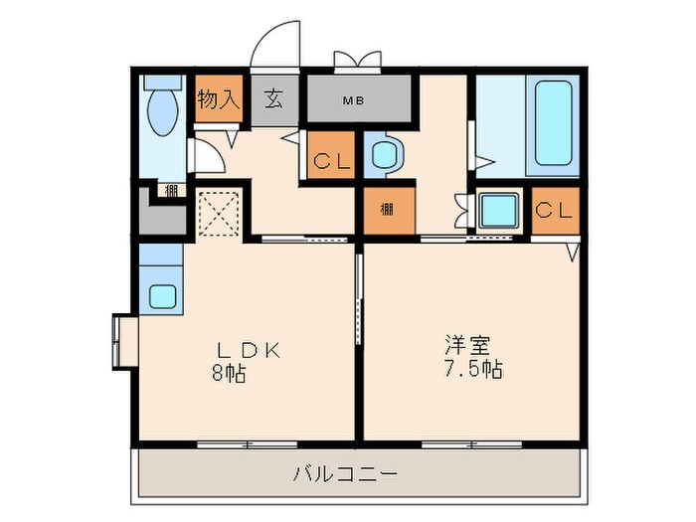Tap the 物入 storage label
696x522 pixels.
[x=219, y=99]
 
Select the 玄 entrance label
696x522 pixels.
[x=272, y=99]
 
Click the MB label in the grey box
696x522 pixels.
[x=353, y=100]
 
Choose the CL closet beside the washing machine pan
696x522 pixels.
[x=554, y=211]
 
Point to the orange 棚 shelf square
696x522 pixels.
[x=388, y=210]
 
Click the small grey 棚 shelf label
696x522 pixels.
[x=172, y=191]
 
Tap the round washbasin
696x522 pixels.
[x=385, y=155]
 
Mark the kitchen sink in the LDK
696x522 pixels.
[x=161, y=296]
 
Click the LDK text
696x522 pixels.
[x=253, y=350]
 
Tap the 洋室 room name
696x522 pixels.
[x=466, y=347]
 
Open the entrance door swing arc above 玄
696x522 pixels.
[x=275, y=45]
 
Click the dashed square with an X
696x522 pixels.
[x=219, y=211]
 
